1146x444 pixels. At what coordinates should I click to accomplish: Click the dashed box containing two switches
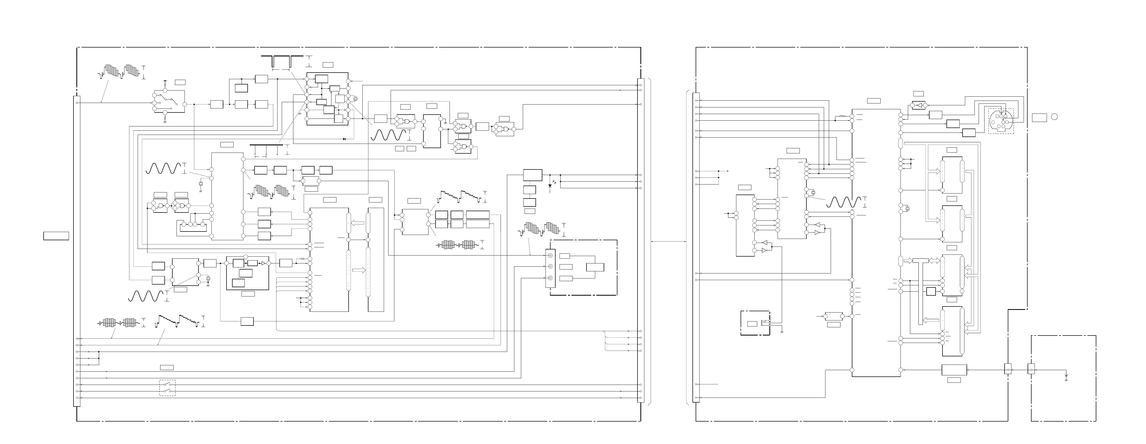point(167,388)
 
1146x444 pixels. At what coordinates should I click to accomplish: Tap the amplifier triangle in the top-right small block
point(917,105)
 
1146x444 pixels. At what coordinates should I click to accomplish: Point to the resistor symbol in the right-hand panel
point(842,117)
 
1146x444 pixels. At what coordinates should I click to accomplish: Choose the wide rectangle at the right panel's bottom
point(954,370)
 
